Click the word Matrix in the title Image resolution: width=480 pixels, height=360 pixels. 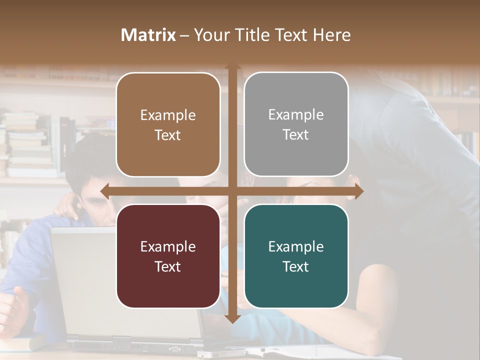point(148,35)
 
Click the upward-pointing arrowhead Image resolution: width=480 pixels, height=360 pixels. point(232,66)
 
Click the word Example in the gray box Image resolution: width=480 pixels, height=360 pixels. point(296,115)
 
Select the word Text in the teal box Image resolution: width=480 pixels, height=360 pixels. point(296,267)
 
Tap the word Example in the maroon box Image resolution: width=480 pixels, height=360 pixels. point(168,246)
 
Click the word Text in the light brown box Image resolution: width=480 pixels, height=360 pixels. point(168,135)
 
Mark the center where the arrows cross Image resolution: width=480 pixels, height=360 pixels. point(232,191)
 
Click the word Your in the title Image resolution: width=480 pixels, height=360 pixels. point(209,35)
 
